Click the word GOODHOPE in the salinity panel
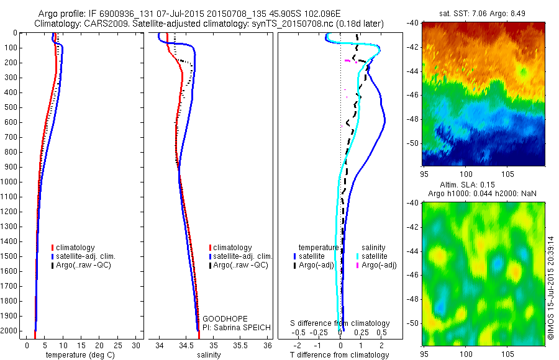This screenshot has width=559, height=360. pos(220,318)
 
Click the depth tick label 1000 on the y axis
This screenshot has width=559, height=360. pos(11,182)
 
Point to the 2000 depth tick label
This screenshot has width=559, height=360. pos(11,331)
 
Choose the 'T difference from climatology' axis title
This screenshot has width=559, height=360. pos(340,355)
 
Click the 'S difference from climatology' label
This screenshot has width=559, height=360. pos(340,323)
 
